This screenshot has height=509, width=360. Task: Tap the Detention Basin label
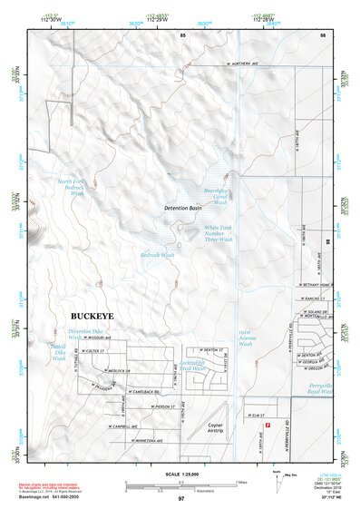pos(181,209)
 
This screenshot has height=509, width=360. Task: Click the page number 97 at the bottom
pos(181,499)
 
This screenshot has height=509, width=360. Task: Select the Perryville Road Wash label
pos(322,390)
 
